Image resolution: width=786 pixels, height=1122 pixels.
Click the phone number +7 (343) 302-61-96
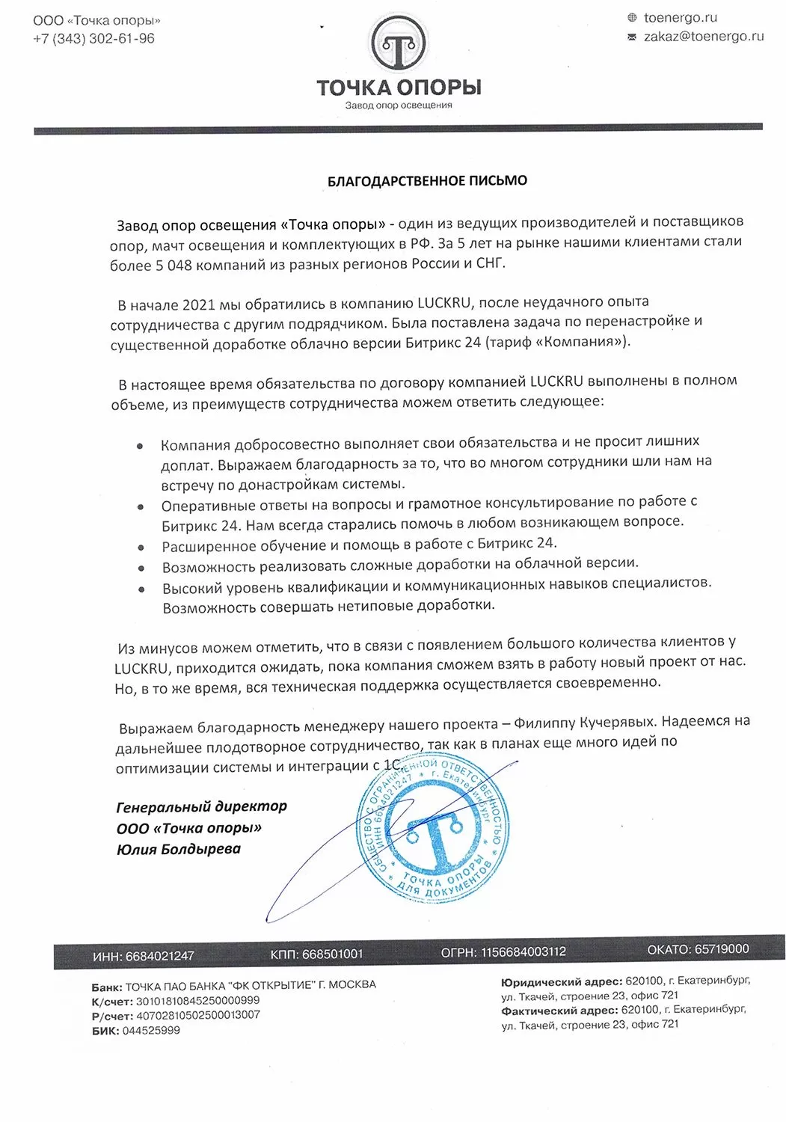click(x=93, y=38)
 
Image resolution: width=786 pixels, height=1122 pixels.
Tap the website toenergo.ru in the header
click(x=680, y=17)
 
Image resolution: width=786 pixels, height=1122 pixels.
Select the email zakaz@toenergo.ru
click(x=703, y=36)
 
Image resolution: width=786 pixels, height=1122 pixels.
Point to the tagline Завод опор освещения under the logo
click(x=399, y=105)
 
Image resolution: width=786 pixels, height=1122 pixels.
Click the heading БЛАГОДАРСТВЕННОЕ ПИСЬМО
click(x=427, y=181)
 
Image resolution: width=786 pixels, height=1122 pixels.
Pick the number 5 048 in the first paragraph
click(x=173, y=265)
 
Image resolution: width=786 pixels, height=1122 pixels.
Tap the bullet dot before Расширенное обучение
click(x=141, y=548)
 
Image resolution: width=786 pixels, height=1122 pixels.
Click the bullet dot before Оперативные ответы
click(x=141, y=506)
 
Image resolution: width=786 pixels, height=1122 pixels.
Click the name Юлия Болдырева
click(x=179, y=849)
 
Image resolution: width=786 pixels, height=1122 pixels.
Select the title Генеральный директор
click(x=202, y=807)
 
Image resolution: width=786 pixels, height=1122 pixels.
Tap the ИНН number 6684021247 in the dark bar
click(x=159, y=956)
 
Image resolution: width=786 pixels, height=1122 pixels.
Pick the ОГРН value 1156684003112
click(x=523, y=952)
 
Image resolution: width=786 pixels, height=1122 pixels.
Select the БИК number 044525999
click(x=150, y=1030)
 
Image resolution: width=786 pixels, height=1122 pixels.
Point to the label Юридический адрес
click(x=561, y=982)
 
